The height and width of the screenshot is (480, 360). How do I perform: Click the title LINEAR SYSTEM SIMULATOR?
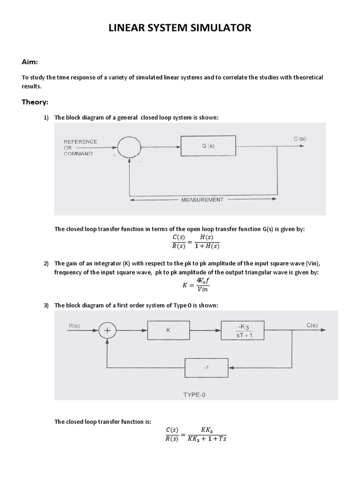click(180, 29)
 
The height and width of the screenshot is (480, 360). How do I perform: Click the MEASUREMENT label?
click(202, 199)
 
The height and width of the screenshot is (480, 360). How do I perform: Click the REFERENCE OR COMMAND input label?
click(80, 147)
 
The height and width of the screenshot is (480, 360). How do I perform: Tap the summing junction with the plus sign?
click(108, 330)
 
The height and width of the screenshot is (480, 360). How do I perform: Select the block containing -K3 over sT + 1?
click(242, 330)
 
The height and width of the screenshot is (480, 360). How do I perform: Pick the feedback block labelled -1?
click(205, 367)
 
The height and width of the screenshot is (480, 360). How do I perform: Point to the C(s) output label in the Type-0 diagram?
click(312, 325)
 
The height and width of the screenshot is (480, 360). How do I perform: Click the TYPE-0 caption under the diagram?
click(194, 395)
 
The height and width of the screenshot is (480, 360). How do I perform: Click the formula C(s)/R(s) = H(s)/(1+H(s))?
click(193, 242)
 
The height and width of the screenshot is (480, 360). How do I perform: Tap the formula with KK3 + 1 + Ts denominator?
click(195, 434)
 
